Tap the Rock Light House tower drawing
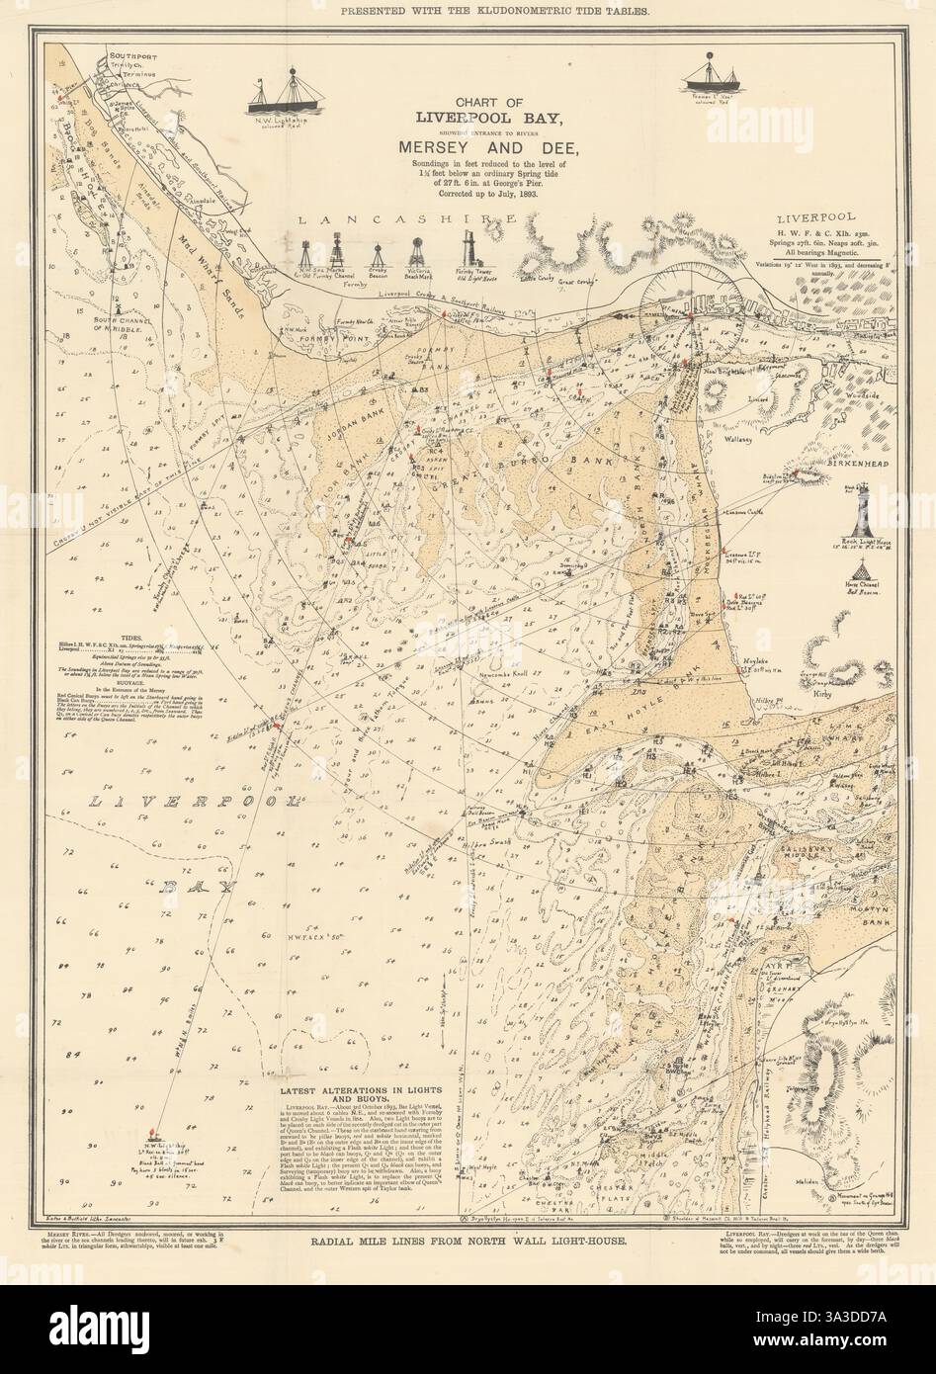[x=863, y=505]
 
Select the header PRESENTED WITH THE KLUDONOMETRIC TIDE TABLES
[x=467, y=12]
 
